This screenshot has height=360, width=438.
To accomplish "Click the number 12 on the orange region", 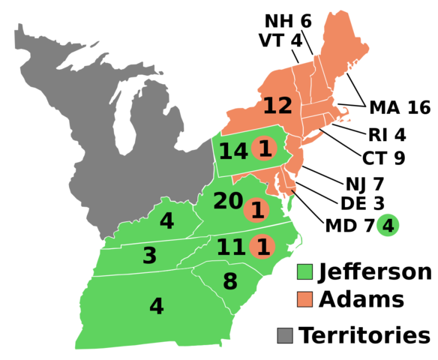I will pyautogui.click(x=277, y=106).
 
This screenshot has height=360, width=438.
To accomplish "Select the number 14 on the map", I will pyautogui.click(x=232, y=151).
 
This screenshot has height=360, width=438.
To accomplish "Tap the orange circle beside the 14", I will pyautogui.click(x=264, y=148).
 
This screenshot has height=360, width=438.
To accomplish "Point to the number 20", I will pyautogui.click(x=227, y=201).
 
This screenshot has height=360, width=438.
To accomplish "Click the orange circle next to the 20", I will pyautogui.click(x=256, y=210).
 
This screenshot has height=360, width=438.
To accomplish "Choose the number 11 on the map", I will pyautogui.click(x=230, y=247).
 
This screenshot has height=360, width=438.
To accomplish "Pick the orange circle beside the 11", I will pyautogui.click(x=262, y=247).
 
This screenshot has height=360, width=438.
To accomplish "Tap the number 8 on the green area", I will pyautogui.click(x=229, y=282).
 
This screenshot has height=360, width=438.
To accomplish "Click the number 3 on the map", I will pyautogui.click(x=149, y=256).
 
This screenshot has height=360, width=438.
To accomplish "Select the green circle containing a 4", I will pyautogui.click(x=388, y=225).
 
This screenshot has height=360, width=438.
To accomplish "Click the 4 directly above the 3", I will pyautogui.click(x=166, y=221).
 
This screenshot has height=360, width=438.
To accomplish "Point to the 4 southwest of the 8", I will pyautogui.click(x=156, y=307).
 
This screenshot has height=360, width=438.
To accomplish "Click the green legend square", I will pyautogui.click(x=304, y=271).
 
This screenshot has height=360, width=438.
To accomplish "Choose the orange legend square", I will pyautogui.click(x=304, y=299).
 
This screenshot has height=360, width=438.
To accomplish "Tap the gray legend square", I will pyautogui.click(x=285, y=335).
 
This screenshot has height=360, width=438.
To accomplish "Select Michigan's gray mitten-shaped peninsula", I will pyautogui.click(x=161, y=120).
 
